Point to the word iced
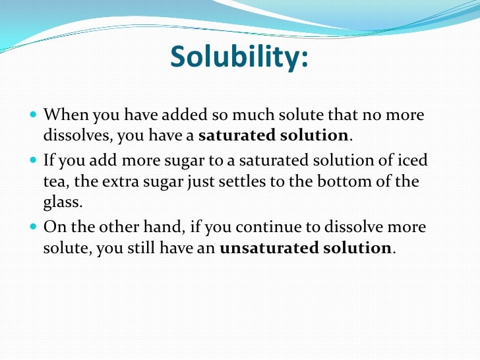[413, 160]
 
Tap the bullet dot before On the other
[34, 227]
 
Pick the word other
[140, 227]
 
